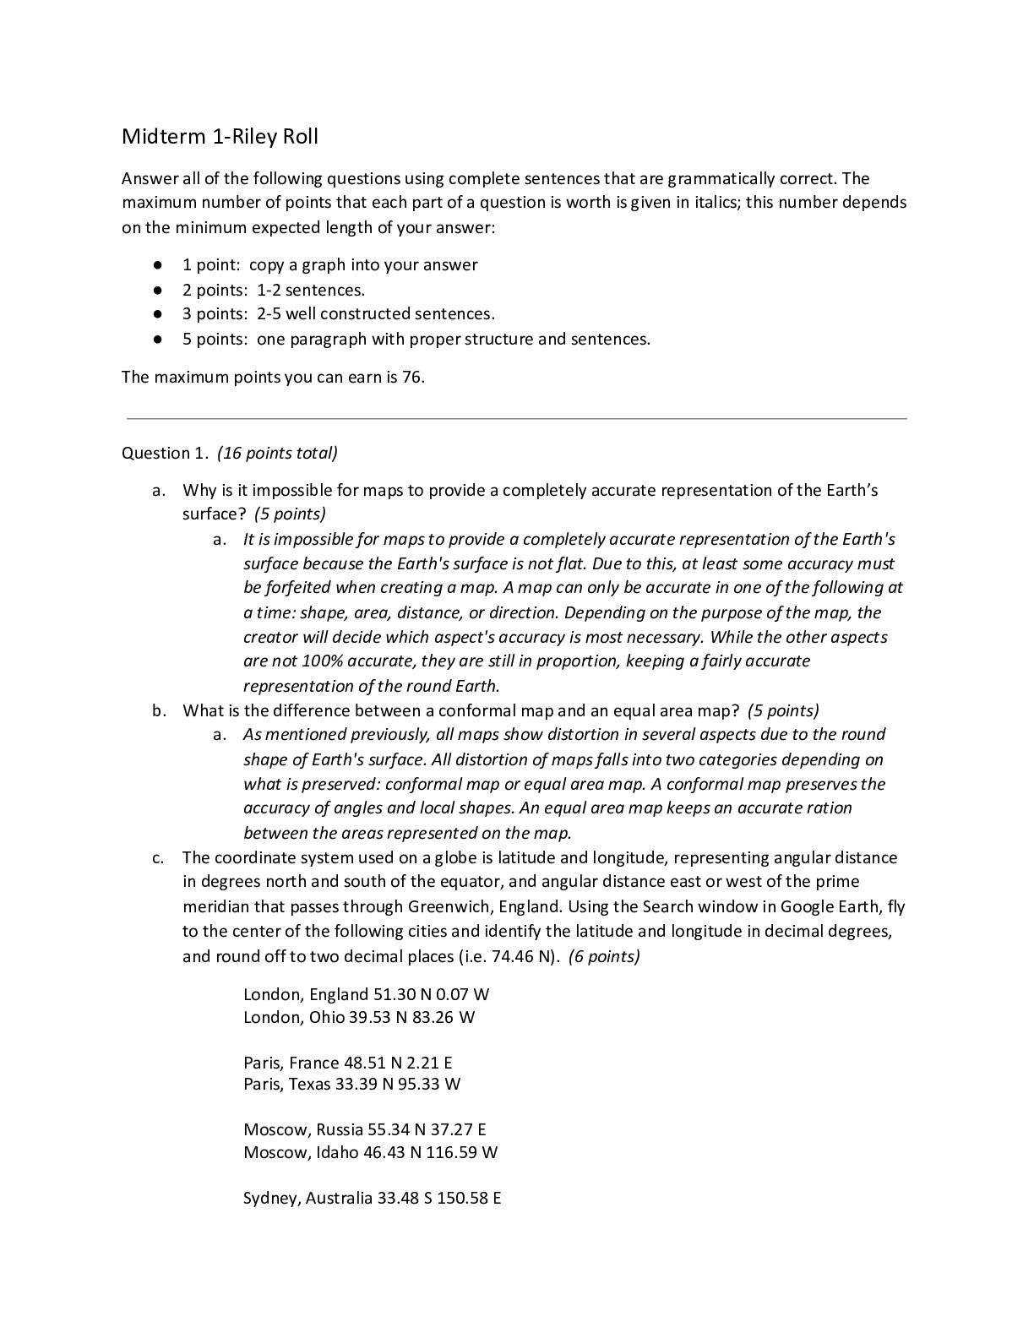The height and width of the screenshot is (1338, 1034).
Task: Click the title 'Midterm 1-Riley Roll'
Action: click(220, 137)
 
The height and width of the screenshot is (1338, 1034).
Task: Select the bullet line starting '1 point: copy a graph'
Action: click(329, 265)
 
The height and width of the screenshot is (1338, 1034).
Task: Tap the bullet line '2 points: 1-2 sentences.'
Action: click(274, 290)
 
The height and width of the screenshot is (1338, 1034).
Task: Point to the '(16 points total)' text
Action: click(277, 454)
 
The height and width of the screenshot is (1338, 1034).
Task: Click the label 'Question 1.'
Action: click(165, 454)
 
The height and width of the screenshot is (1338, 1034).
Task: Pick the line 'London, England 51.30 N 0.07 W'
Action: click(366, 994)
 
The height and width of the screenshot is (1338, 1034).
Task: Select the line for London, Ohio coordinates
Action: click(359, 1017)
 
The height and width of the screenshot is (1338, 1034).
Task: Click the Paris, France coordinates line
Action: click(347, 1063)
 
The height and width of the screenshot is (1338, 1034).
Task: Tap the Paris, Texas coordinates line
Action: click(351, 1084)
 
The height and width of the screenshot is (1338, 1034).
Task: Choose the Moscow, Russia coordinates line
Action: click(364, 1129)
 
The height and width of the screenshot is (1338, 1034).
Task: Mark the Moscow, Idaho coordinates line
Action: click(370, 1152)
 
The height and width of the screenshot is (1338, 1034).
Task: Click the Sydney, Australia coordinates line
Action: click(372, 1198)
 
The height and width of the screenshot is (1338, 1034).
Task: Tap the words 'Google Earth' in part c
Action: click(831, 907)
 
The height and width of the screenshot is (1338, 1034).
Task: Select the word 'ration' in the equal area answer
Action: click(830, 808)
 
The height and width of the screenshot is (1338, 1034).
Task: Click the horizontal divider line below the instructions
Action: click(516, 418)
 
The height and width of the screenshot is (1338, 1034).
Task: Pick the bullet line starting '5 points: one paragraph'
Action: click(416, 340)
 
